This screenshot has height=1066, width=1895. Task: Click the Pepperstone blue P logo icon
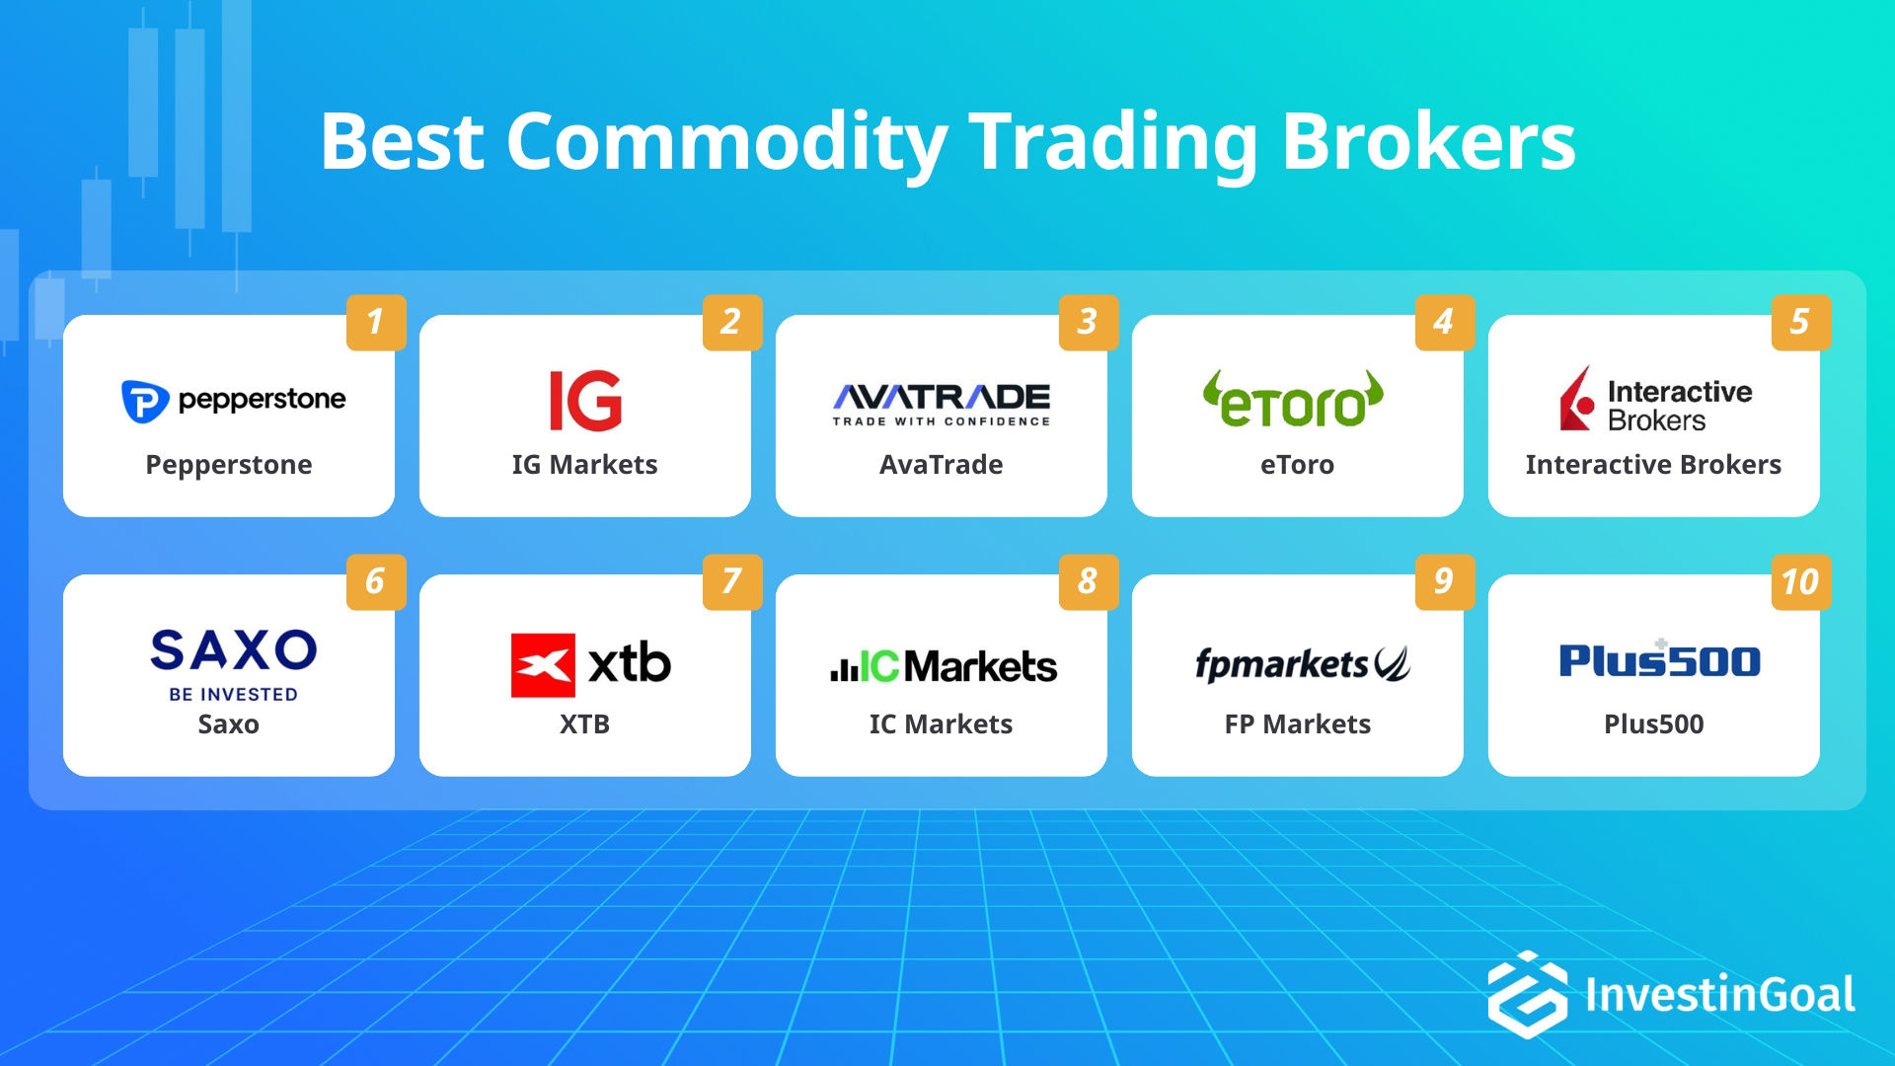144,401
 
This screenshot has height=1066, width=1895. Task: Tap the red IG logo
585,401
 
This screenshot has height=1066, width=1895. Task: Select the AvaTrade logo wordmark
942,398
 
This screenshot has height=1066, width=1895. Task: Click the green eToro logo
1293,400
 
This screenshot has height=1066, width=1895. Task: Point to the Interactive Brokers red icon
1577,400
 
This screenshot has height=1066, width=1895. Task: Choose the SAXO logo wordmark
233,650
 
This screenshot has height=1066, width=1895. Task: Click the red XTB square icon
543,665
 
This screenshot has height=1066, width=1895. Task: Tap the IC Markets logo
943,666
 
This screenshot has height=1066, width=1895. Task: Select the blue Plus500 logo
1659,660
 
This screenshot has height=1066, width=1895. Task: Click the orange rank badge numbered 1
376,323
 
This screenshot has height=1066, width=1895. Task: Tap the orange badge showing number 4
1444,323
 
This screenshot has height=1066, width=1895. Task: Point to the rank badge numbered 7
731,581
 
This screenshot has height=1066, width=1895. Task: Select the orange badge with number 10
1800,581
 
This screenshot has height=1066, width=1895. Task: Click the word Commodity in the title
726,143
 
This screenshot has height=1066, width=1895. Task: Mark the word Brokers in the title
1428,143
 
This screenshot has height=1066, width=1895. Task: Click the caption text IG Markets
584,465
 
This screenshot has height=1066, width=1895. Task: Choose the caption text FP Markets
1297,724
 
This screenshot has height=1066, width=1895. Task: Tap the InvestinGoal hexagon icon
1527,994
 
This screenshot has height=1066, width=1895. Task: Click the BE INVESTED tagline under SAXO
233,695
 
